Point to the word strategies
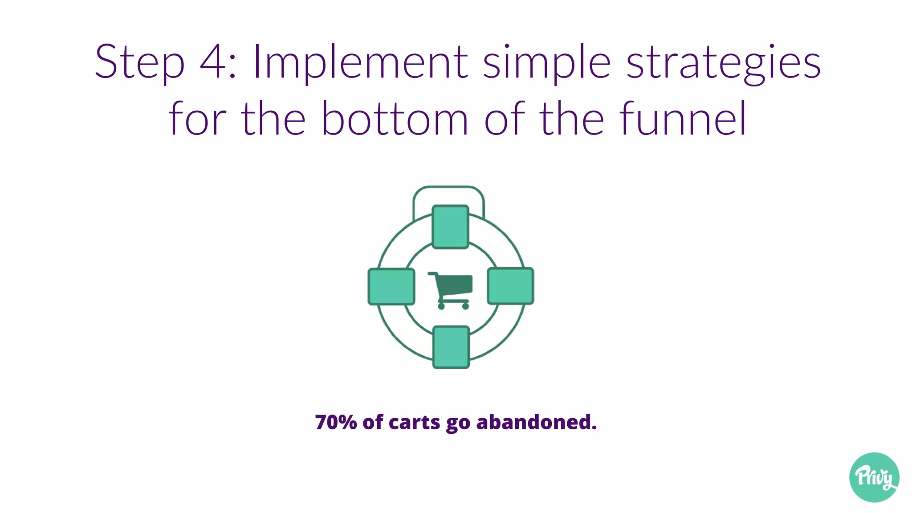point(724,62)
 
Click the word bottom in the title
point(395,119)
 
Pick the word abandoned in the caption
point(536,422)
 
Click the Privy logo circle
point(874,477)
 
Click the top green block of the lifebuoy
point(451,227)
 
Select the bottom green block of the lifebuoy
point(451,347)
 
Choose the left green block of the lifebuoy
point(391,287)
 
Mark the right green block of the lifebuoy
point(510,286)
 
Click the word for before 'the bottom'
point(197,119)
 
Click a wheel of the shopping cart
point(441,306)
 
